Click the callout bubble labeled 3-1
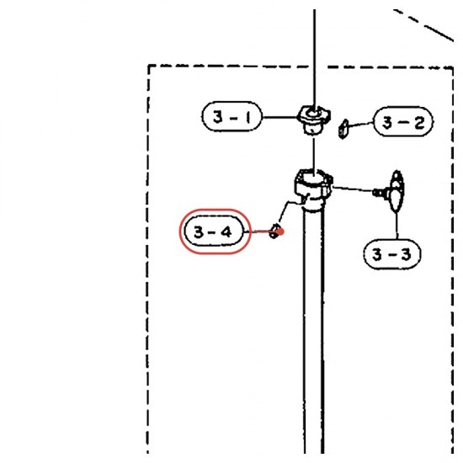[232, 116]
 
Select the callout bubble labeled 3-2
[403, 122]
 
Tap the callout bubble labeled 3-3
[392, 254]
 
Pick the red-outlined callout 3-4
[216, 231]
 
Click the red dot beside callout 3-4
[280, 231]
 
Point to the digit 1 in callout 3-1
[248, 117]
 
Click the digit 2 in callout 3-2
[419, 123]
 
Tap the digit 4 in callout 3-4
[226, 231]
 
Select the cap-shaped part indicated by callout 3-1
[314, 120]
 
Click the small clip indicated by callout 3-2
[343, 129]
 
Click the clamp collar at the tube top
[313, 186]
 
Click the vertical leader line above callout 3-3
[396, 226]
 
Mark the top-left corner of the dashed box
[148, 66]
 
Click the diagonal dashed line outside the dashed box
[423, 24]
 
